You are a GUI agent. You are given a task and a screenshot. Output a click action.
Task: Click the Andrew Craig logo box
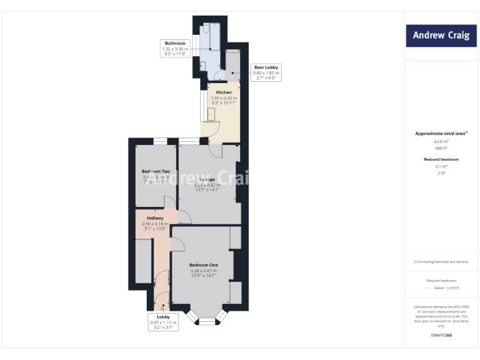(441, 35)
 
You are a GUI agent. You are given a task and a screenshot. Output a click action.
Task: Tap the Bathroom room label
(175, 44)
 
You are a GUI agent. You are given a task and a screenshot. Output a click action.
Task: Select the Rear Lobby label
(266, 67)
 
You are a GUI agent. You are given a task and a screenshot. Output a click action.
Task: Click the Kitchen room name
(223, 92)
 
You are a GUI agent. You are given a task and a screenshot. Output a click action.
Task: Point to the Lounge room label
(207, 180)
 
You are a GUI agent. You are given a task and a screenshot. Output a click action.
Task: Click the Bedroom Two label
(156, 172)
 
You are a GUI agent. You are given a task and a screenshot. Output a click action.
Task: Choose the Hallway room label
(155, 218)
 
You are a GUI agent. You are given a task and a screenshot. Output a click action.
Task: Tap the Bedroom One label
(203, 265)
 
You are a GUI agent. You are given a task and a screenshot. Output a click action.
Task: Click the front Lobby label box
(163, 322)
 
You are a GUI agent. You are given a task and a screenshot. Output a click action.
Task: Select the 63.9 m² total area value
(441, 141)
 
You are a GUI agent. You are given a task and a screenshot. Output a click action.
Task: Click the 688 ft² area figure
(441, 148)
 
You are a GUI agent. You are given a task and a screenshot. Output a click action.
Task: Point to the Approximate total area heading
(441, 134)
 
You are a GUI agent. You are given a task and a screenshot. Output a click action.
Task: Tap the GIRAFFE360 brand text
(441, 336)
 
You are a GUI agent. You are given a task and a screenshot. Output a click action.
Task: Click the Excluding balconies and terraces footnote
(441, 262)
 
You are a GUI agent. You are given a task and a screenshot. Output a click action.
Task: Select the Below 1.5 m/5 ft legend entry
(446, 288)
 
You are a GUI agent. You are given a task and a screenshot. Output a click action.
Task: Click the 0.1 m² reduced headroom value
(441, 166)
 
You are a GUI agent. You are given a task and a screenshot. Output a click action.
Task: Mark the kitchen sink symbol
(211, 113)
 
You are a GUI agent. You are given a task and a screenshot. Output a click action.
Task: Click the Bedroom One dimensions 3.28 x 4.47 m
(203, 271)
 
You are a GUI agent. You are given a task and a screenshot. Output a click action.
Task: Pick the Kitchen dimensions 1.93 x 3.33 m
(223, 98)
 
